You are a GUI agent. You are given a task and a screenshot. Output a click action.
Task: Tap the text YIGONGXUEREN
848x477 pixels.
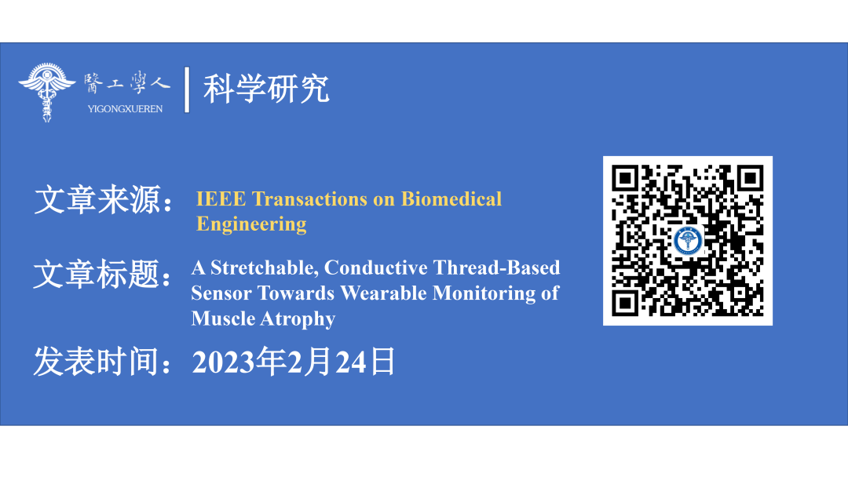pyautogui.click(x=125, y=108)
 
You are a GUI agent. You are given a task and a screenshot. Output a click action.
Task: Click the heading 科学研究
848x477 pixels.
pyautogui.click(x=266, y=89)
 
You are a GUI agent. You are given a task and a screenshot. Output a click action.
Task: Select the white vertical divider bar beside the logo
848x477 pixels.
pyautogui.click(x=187, y=89)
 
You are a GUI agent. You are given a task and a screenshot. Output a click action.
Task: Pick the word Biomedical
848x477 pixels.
pyautogui.click(x=451, y=198)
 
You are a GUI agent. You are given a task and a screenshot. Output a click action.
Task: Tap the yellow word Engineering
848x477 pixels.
pyautogui.click(x=251, y=224)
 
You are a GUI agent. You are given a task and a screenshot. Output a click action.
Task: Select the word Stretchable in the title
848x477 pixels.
pyautogui.click(x=265, y=268)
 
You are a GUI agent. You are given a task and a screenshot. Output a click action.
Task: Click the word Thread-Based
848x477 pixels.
pyautogui.click(x=496, y=268)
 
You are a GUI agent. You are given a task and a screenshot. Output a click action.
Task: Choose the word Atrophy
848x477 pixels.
pyautogui.click(x=300, y=319)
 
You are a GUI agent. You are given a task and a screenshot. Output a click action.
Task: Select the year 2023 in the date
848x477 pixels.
pyautogui.click(x=223, y=362)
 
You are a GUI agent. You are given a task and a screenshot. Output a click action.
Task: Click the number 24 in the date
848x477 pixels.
pyautogui.click(x=351, y=362)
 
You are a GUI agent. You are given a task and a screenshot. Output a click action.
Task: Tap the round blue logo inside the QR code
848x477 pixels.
pyautogui.click(x=688, y=240)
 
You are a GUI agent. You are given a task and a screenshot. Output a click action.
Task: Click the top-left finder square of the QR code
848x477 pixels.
pyautogui.click(x=626, y=179)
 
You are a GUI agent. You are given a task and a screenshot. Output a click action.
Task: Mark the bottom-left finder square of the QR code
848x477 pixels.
pyautogui.click(x=626, y=303)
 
